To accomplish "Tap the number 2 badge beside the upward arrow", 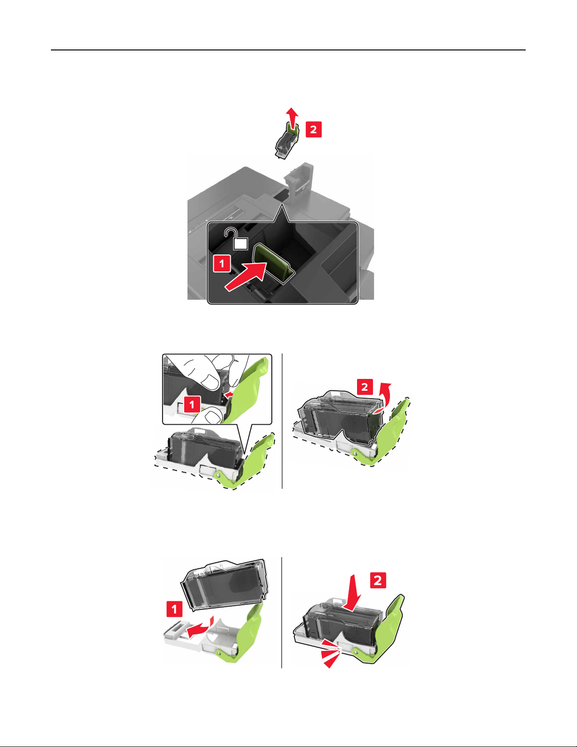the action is tap(314, 130).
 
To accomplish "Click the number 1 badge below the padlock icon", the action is tap(222, 263).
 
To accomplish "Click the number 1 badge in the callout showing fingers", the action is tap(192, 404).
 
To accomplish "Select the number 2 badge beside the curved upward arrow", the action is tap(365, 387).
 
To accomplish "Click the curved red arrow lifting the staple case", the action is tap(382, 397).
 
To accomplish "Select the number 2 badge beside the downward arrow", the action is tap(378, 580).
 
